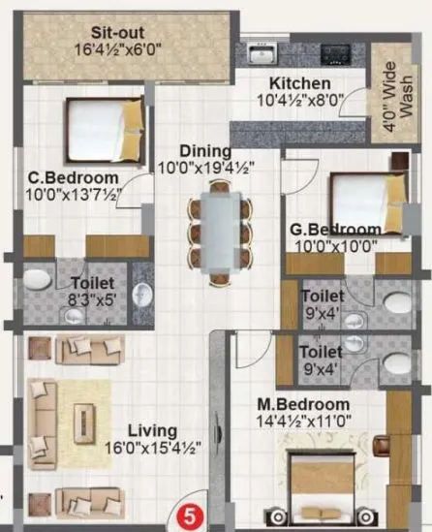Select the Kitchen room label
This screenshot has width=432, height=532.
click(300, 84)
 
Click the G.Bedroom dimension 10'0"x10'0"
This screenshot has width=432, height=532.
click(334, 246)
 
